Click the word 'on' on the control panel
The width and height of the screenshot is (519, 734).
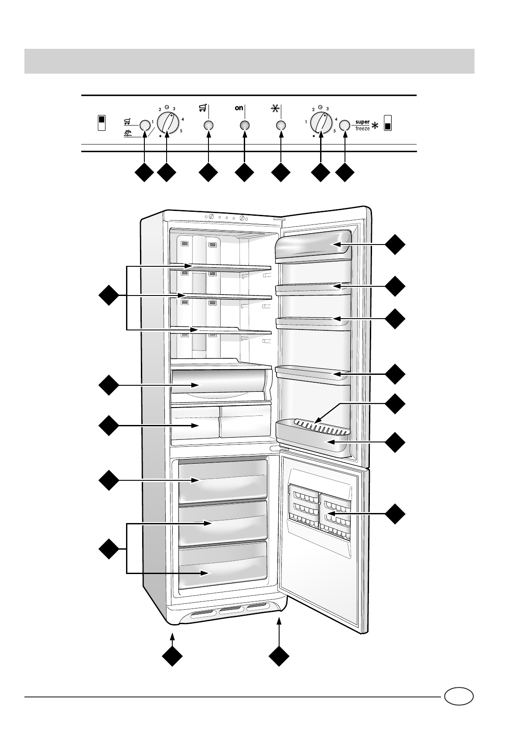pyautogui.click(x=239, y=109)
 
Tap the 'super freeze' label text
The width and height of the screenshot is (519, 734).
pyautogui.click(x=362, y=126)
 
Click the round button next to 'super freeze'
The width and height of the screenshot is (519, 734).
pyautogui.click(x=345, y=126)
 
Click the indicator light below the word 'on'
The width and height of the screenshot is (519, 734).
pyautogui.click(x=244, y=126)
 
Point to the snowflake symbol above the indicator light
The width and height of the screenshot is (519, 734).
pyautogui.click(x=275, y=109)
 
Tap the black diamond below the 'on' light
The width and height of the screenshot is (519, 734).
pyautogui.click(x=244, y=173)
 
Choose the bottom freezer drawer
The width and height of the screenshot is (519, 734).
pyautogui.click(x=222, y=566)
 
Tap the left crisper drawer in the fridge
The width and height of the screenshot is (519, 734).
pyautogui.click(x=195, y=423)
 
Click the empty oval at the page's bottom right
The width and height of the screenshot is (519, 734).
pyautogui.click(x=459, y=696)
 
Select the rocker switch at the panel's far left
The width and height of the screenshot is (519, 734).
pyautogui.click(x=101, y=123)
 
